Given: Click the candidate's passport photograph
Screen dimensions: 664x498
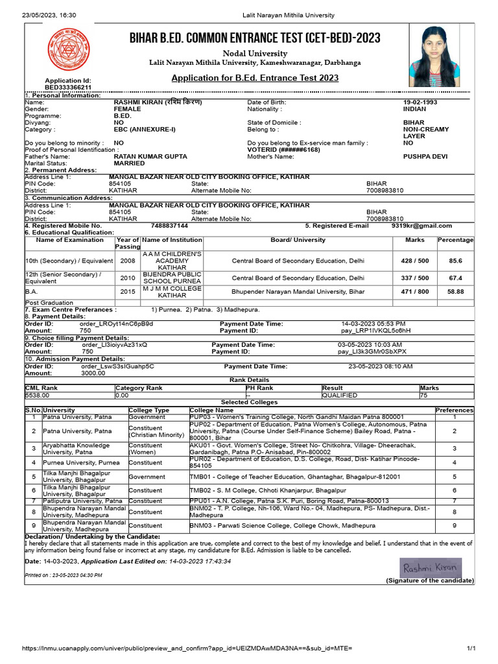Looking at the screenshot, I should tap(434, 56).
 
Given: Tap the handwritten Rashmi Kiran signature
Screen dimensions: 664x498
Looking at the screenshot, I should tap(430, 567).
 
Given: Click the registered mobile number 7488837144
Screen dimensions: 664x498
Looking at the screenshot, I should tap(169, 226).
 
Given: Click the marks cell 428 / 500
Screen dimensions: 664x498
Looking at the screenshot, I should tap(414, 261).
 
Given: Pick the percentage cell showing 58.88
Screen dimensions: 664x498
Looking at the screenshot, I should tap(455, 292).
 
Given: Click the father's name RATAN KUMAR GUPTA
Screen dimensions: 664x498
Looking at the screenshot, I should tap(150, 156).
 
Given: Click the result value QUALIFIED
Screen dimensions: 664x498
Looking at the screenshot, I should tap(340, 394).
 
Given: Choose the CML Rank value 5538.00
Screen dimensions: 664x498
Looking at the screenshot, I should tap(38, 394).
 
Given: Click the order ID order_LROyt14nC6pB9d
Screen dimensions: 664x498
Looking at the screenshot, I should tap(116, 323).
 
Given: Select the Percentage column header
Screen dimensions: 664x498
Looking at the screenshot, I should tap(455, 240).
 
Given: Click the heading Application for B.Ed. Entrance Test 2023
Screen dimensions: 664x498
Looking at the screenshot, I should tap(254, 78).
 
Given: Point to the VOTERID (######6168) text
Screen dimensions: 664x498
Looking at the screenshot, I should tap(283, 150).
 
